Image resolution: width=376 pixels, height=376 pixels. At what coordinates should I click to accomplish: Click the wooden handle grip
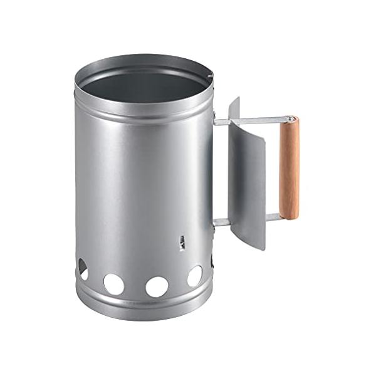tap(289, 168)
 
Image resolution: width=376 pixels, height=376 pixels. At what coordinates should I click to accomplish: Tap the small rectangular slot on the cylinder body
tap(182, 243)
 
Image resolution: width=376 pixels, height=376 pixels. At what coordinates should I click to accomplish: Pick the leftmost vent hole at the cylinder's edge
tap(82, 269)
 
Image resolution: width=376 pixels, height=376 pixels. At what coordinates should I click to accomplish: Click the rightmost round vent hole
tap(195, 276)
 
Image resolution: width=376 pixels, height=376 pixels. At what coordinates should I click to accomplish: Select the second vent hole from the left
tap(113, 284)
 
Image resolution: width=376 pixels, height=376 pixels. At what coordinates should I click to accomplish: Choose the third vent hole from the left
tap(157, 286)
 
